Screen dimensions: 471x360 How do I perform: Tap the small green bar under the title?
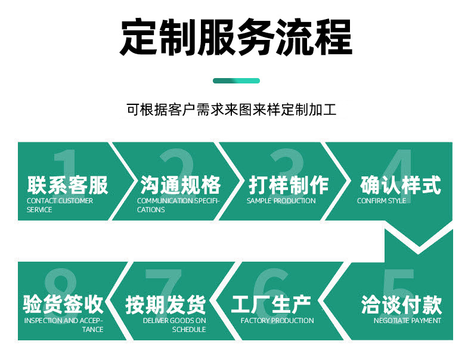click(x=236, y=80)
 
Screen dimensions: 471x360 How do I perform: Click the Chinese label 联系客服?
click(x=67, y=185)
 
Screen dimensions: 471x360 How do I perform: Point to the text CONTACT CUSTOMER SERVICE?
click(x=60, y=205)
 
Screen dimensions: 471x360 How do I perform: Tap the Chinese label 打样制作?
click(x=289, y=185)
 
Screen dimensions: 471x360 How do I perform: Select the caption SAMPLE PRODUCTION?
click(x=281, y=201)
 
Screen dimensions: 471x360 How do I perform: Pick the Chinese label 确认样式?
click(x=401, y=185)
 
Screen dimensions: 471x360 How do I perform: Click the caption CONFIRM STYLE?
click(x=381, y=201)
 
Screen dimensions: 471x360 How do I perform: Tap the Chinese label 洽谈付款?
click(x=401, y=305)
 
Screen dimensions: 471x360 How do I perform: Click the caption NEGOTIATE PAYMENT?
click(x=407, y=321)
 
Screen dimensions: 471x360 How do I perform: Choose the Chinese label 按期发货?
click(x=165, y=305)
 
